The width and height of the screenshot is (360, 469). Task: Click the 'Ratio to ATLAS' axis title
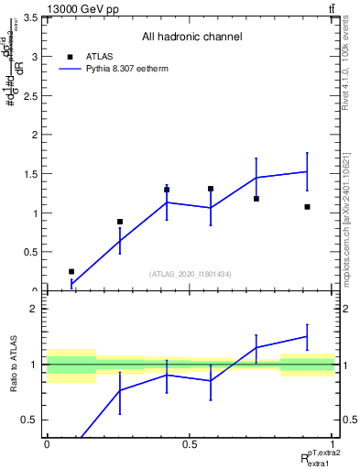pyautogui.click(x=13, y=364)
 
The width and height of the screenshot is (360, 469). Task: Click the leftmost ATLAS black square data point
pyautogui.click(x=71, y=272)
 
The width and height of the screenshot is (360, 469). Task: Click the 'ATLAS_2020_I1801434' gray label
pyautogui.click(x=190, y=274)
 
